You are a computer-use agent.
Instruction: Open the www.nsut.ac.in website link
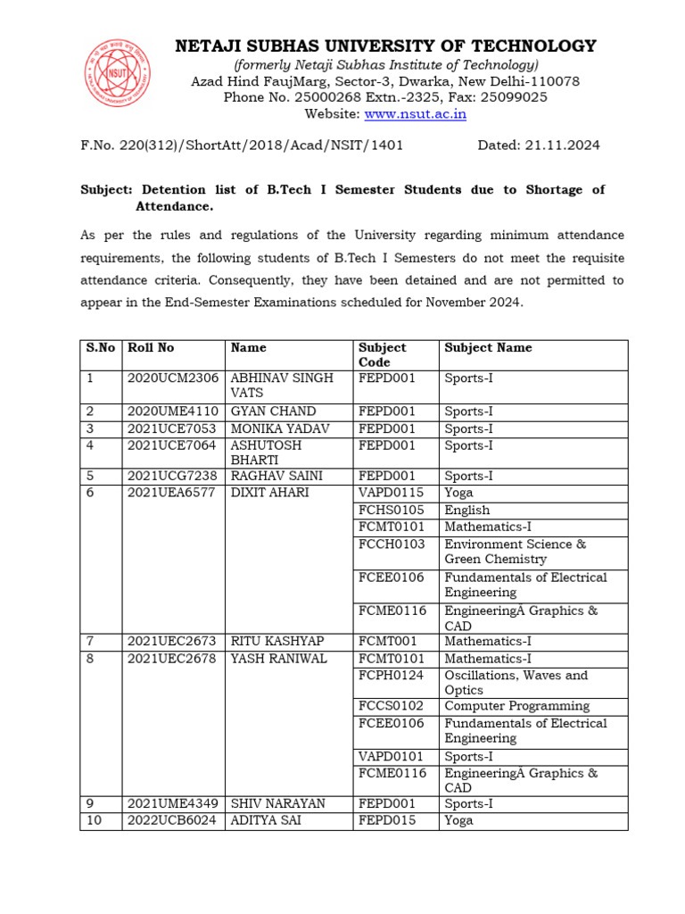click(415, 114)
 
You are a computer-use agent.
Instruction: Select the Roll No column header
click(151, 348)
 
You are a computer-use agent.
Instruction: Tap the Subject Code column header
click(383, 355)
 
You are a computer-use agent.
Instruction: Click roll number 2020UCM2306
click(173, 378)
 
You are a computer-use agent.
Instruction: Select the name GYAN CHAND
click(273, 411)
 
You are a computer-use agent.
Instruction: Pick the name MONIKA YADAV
click(280, 428)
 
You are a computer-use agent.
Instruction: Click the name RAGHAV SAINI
click(276, 477)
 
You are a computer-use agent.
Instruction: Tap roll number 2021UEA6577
click(172, 494)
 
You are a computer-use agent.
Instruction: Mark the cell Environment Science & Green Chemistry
click(515, 552)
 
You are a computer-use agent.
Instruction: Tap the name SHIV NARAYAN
click(278, 804)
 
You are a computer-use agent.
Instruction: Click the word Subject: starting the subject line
click(106, 190)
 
